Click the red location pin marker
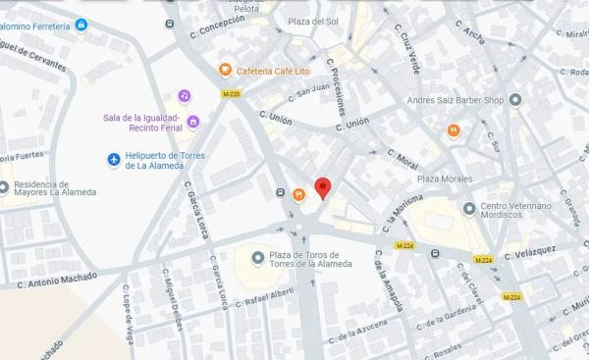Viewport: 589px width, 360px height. [x=322, y=187]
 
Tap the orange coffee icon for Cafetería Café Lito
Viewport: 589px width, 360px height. [x=225, y=70]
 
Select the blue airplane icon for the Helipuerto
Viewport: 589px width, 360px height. [x=114, y=159]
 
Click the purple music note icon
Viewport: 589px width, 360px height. [x=184, y=95]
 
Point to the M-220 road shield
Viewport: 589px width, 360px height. [x=230, y=94]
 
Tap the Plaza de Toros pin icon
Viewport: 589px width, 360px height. [x=257, y=257]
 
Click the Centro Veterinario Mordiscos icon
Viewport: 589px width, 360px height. [x=467, y=207]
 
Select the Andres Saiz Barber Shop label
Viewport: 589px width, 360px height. [x=455, y=100]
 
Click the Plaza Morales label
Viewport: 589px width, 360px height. [x=445, y=179]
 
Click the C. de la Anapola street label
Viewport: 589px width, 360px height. [x=388, y=280]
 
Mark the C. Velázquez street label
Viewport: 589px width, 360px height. [x=531, y=254]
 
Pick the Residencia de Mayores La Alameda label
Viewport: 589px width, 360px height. [x=54, y=187]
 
